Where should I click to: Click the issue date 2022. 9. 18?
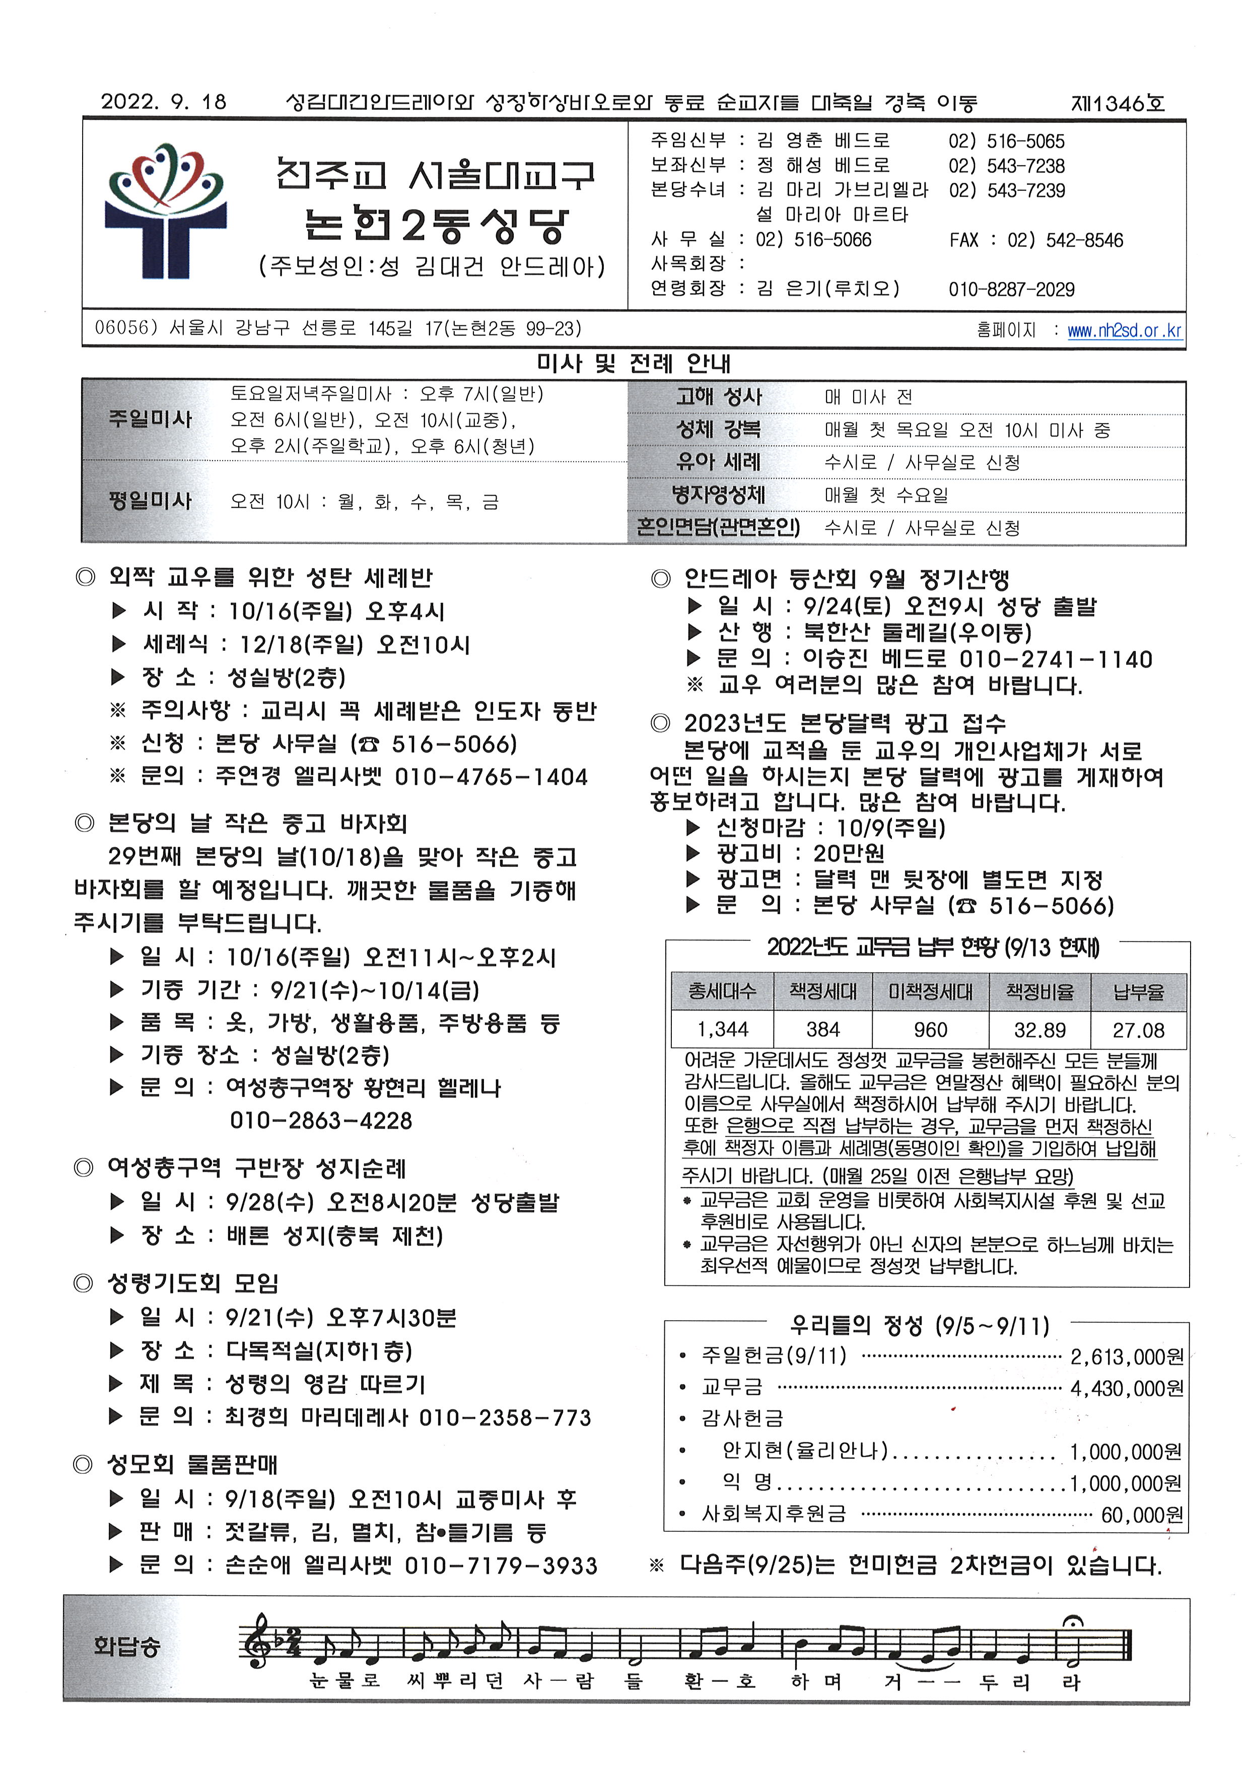point(164,102)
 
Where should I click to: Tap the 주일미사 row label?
point(150,419)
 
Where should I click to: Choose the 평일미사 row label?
point(150,501)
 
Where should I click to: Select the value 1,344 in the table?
point(722,1029)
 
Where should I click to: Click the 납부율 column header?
point(1138,991)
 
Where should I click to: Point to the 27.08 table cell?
point(1138,1029)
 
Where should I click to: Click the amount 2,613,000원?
point(1126,1356)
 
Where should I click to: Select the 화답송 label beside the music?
point(127,1646)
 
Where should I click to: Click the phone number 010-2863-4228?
point(321,1121)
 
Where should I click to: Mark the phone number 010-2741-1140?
point(1055,659)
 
